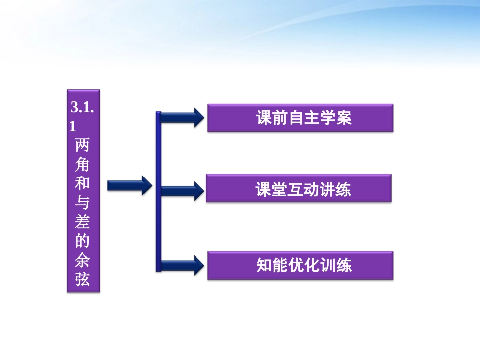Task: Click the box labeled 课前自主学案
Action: [x=300, y=118]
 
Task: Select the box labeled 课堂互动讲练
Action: [x=298, y=189]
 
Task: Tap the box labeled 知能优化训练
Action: [x=300, y=266]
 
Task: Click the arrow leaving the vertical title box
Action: [x=129, y=186]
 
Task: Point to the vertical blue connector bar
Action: [x=158, y=192]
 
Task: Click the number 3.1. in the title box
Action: [x=83, y=107]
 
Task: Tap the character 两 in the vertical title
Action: [x=83, y=146]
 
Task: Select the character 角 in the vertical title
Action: [x=83, y=165]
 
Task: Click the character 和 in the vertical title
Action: [x=83, y=184]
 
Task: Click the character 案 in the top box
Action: [x=343, y=118]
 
